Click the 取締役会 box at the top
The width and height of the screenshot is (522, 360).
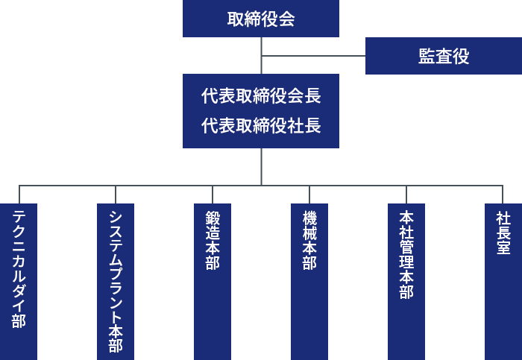pyautogui.click(x=261, y=19)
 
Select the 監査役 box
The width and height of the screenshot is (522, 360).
pyautogui.click(x=444, y=56)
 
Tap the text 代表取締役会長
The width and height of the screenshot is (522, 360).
pyautogui.click(x=261, y=96)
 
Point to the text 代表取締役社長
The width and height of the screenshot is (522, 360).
pyautogui.click(x=261, y=126)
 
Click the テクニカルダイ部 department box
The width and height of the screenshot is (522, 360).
pyautogui.click(x=19, y=281)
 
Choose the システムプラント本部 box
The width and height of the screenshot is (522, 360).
pyautogui.click(x=116, y=281)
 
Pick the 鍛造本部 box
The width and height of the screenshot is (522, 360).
pyautogui.click(x=213, y=281)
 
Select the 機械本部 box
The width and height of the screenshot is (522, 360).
pyautogui.click(x=309, y=281)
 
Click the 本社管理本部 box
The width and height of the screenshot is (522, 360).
pyautogui.click(x=406, y=281)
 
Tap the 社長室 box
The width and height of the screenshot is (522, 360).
pyautogui.click(x=503, y=281)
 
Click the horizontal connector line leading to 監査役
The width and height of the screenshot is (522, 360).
pyautogui.click(x=313, y=56)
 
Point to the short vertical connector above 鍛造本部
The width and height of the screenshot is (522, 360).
pyautogui.click(x=213, y=195)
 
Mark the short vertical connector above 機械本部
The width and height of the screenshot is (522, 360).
pyautogui.click(x=309, y=195)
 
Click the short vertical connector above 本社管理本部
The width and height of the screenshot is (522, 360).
pyautogui.click(x=406, y=195)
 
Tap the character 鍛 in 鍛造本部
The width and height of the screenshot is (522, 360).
pyautogui.click(x=213, y=218)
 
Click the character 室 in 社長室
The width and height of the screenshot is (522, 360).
pyautogui.click(x=503, y=248)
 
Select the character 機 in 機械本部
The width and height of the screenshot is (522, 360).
pyautogui.click(x=309, y=218)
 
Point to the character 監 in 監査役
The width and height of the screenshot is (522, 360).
pyautogui.click(x=427, y=56)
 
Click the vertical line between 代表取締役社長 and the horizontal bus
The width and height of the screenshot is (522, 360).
pyautogui.click(x=261, y=166)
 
